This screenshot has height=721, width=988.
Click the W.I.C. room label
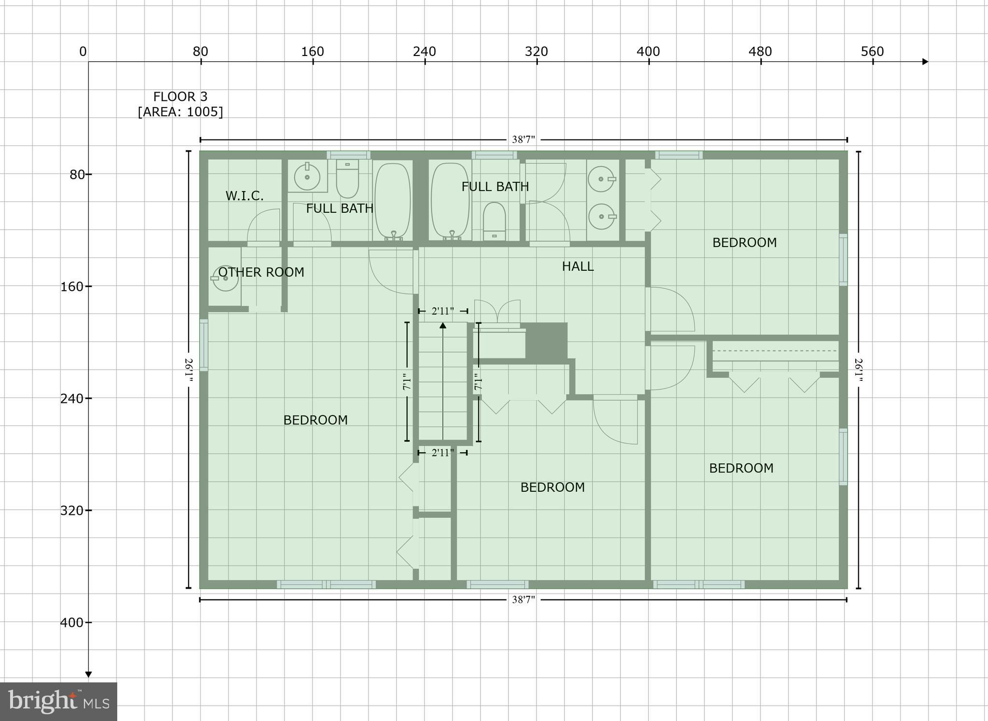pos(244,196)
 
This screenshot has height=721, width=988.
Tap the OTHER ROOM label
pos(261,272)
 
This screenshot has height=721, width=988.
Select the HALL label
pos(577,266)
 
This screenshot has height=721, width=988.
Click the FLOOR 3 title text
pos(180,97)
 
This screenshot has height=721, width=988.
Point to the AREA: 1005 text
pos(180,112)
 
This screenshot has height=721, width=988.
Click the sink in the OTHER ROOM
pos(225,278)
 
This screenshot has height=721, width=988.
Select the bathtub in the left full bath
pos(393,200)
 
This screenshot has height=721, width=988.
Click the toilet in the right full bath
pos(494,222)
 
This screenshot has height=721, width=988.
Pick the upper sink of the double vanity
pos(602,179)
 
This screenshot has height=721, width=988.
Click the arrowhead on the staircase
pos(443,326)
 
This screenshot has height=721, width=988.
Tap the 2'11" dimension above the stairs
pos(443,311)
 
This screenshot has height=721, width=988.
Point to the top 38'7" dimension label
pos(523,140)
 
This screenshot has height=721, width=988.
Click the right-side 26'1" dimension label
pos(859,370)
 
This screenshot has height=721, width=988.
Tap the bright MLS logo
pos(58,701)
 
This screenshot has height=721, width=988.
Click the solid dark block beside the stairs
pos(546,341)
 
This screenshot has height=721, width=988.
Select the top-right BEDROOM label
pos(744,243)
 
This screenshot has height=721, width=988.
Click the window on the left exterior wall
pos(204,345)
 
